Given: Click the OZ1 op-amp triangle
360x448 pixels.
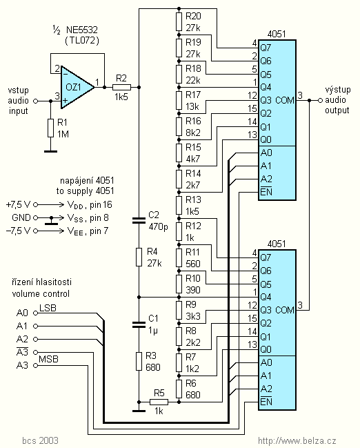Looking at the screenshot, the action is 77,88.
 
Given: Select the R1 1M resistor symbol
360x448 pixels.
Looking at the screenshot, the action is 51,128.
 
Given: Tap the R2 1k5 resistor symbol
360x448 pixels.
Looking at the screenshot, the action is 121,87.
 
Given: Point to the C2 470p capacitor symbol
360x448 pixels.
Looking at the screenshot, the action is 139,220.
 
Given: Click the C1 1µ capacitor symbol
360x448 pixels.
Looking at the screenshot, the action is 139,324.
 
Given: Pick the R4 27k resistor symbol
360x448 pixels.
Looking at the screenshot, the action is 139,257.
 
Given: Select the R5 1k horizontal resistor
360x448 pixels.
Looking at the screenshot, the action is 159,402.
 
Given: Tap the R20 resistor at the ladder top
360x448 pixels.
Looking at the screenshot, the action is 179,21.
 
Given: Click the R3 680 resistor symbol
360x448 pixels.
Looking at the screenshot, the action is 139,362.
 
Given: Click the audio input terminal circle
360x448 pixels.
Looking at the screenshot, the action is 36,101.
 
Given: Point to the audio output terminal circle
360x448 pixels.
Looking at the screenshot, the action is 320,100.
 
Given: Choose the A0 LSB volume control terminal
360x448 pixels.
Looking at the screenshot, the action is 36,313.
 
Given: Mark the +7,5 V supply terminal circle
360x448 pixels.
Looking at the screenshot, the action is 36,204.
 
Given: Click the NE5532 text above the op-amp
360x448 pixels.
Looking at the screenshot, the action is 82,30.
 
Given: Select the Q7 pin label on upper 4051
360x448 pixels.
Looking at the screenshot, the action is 266,48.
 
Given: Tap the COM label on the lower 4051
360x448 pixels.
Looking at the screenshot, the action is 285,310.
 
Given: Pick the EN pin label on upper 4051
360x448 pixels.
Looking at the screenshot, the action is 266,191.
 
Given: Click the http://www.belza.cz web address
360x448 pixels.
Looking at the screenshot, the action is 297,441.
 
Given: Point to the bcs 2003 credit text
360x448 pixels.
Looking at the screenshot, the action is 40,440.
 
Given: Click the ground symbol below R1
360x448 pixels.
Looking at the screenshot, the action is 51,151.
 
